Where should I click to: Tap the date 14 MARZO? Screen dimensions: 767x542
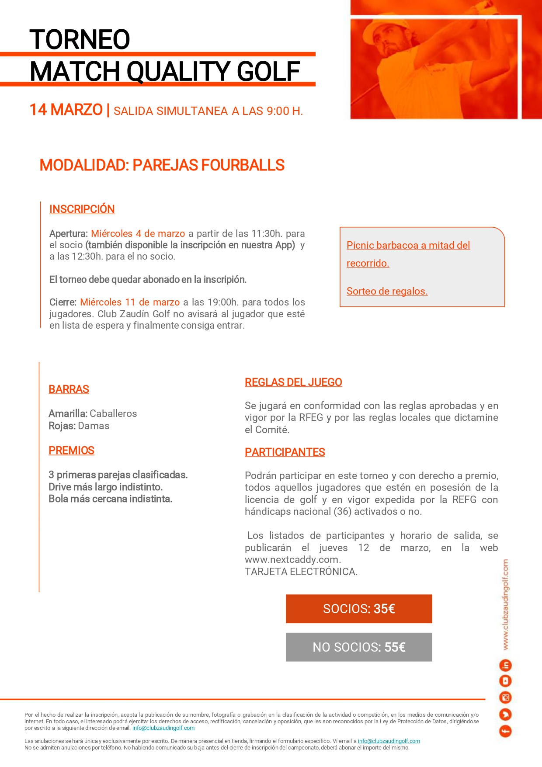[66, 110]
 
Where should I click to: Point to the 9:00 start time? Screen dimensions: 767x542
[278, 111]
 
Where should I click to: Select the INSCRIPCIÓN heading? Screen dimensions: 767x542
[82, 209]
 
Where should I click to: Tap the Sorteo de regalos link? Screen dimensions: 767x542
[387, 291]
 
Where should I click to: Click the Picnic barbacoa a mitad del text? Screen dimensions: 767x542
[408, 245]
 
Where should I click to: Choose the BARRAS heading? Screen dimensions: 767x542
[69, 389]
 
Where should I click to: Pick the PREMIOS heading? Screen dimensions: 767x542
[71, 451]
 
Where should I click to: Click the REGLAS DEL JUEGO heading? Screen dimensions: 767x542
[293, 382]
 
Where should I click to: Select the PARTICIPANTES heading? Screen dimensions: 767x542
[285, 452]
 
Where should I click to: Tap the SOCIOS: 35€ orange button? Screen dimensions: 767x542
[359, 609]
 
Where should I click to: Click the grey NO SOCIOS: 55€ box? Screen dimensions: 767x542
[359, 647]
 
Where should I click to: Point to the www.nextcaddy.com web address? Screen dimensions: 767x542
[292, 560]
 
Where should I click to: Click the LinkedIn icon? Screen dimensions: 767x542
[505, 666]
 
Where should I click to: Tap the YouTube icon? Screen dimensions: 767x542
[505, 681]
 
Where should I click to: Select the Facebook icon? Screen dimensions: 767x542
[505, 731]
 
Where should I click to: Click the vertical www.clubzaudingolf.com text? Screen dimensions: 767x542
[505, 605]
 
